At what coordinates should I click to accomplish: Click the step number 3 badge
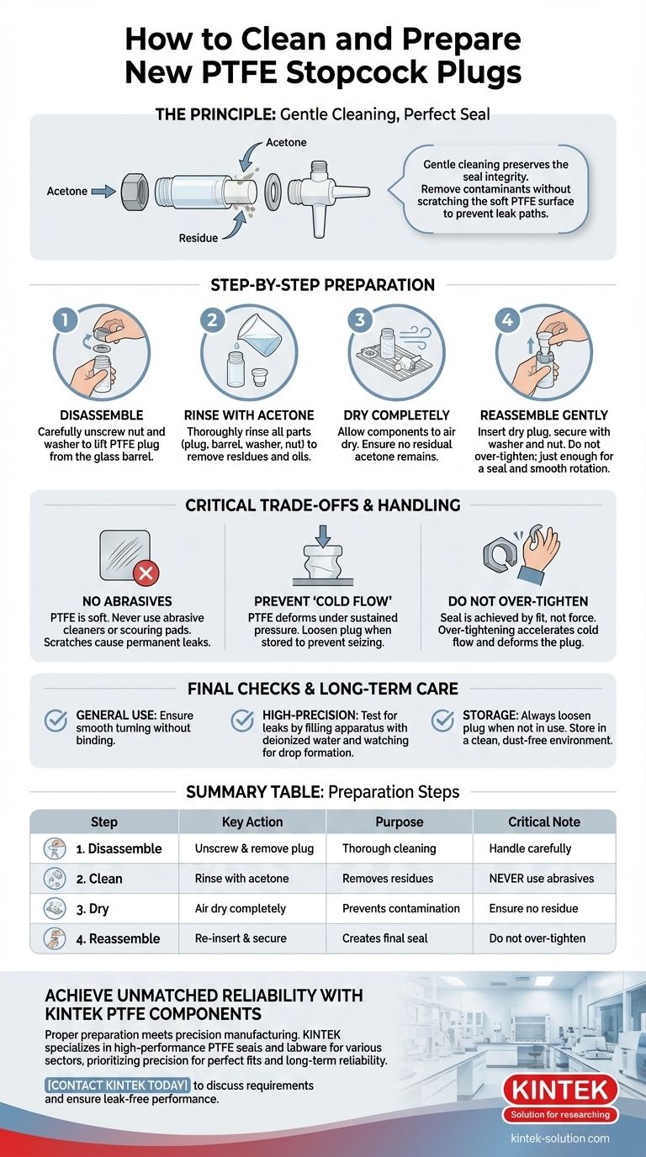pyautogui.click(x=360, y=320)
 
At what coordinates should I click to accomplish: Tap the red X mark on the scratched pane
pyautogui.click(x=146, y=573)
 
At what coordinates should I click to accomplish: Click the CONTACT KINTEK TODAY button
pyautogui.click(x=117, y=1086)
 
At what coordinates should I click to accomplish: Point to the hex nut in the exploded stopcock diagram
pyautogui.click(x=135, y=192)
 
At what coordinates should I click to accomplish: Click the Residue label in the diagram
pyautogui.click(x=199, y=238)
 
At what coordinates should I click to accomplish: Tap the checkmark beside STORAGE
pyautogui.click(x=442, y=721)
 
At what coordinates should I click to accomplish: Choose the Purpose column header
pyautogui.click(x=399, y=822)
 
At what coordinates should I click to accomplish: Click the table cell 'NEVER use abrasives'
pyautogui.click(x=542, y=878)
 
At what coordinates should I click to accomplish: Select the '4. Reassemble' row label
pyautogui.click(x=118, y=938)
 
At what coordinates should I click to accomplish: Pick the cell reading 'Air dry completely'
pyautogui.click(x=241, y=909)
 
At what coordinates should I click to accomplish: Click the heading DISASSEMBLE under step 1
pyautogui.click(x=102, y=415)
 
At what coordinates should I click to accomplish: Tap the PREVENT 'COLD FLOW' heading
pyautogui.click(x=323, y=601)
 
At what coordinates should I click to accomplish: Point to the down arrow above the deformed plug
pyautogui.click(x=323, y=536)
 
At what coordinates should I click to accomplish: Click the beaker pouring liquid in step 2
pyautogui.click(x=259, y=335)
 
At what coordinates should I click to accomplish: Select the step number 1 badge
pyautogui.click(x=65, y=320)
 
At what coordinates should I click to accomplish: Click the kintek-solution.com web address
pyautogui.click(x=559, y=1138)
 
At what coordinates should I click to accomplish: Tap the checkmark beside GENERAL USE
pyautogui.click(x=56, y=721)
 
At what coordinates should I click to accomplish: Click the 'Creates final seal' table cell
pyautogui.click(x=384, y=938)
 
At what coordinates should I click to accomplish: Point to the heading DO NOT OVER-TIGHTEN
pyautogui.click(x=518, y=601)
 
